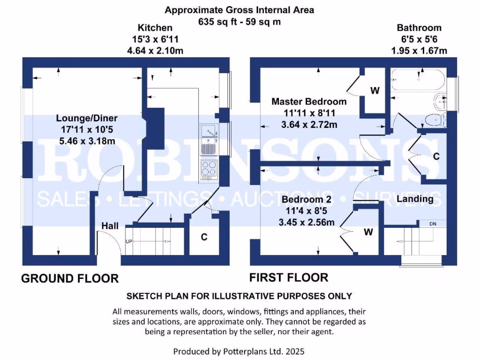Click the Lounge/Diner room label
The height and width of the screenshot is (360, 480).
[x=87, y=118]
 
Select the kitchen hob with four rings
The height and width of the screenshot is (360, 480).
[x=208, y=170]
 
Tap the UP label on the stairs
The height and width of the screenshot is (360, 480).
[x=128, y=241]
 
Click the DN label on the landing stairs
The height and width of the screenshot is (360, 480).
[x=433, y=224]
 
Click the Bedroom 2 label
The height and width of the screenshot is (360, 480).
[x=307, y=200]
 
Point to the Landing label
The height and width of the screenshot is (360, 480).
[x=415, y=199]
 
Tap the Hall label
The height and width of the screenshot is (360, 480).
[x=110, y=226]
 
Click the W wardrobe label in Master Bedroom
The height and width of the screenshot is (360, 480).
[x=375, y=91]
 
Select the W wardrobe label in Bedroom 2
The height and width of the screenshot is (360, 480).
[x=369, y=232]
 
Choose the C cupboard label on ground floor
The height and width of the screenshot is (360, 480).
[x=204, y=237]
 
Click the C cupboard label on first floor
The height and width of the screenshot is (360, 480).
[x=436, y=157]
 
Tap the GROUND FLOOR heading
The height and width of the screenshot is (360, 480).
[x=70, y=278]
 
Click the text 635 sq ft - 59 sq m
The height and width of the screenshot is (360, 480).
[x=240, y=22]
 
